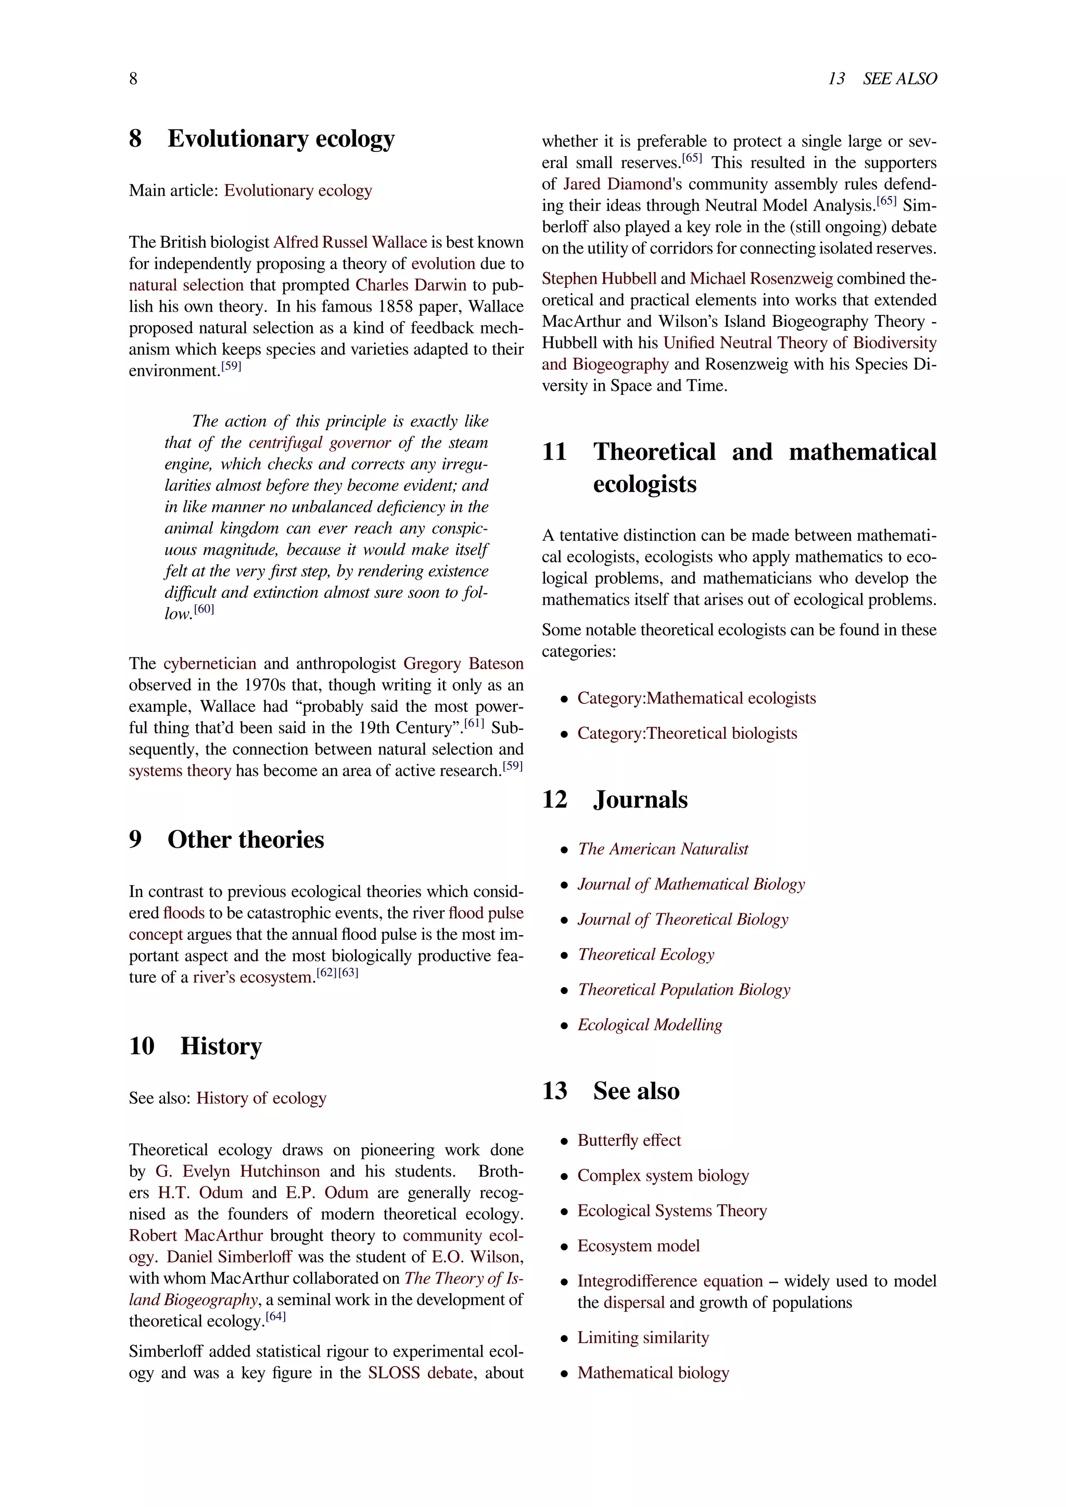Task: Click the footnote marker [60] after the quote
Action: pyautogui.click(x=204, y=609)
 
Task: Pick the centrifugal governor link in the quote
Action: pyautogui.click(x=319, y=442)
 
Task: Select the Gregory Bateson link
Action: pyautogui.click(x=463, y=663)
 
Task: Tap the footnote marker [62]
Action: pyautogui.click(x=326, y=973)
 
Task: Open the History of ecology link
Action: pyautogui.click(x=261, y=1098)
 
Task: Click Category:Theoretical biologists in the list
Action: pyautogui.click(x=687, y=733)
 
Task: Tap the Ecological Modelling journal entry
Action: pyautogui.click(x=649, y=1025)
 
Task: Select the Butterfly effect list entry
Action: pyautogui.click(x=629, y=1140)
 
